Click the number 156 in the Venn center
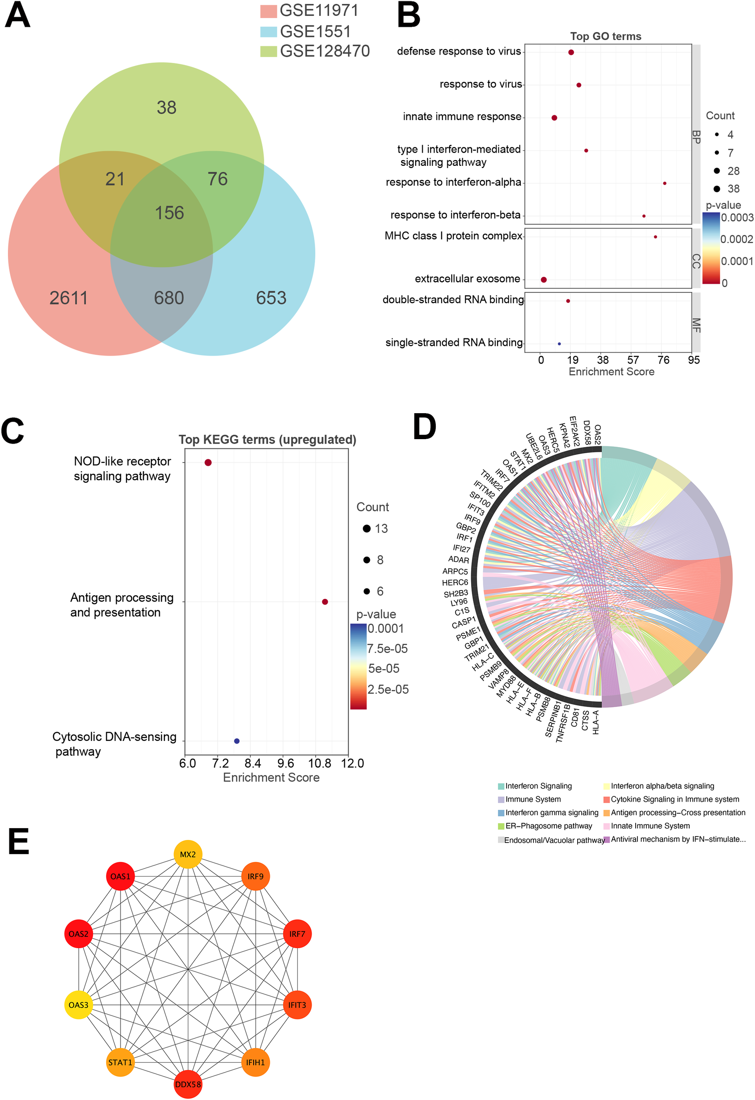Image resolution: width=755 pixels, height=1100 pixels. point(169,213)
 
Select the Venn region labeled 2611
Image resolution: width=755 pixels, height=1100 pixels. point(69,298)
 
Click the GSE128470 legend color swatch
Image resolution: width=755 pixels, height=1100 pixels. point(268,51)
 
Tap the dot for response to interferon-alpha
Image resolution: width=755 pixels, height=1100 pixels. point(665,183)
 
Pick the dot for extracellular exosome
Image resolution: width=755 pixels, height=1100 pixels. point(544,280)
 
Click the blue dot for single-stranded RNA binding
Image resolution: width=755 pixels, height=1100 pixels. point(560,344)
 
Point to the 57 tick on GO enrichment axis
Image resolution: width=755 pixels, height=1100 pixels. point(633,360)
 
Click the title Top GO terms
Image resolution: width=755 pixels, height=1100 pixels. point(605,37)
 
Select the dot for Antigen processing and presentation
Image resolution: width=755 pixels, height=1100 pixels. point(325,601)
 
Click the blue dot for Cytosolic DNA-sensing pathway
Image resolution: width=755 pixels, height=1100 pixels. point(237,741)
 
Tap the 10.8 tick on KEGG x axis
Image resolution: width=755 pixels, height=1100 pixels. point(320,763)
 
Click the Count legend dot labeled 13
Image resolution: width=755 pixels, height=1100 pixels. point(367,529)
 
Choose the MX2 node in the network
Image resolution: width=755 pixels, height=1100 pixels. point(188,854)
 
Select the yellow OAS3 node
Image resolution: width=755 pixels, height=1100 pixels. point(79,1005)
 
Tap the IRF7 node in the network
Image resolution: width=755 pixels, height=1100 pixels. point(298,934)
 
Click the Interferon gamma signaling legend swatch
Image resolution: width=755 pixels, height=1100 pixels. point(501,813)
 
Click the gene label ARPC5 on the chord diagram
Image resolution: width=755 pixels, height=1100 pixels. point(455,571)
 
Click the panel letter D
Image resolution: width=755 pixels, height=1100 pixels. point(424,427)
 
